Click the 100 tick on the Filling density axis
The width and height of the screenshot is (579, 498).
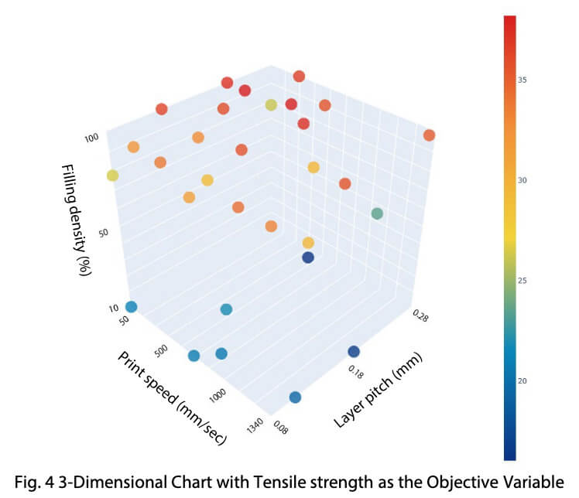coord(92,138)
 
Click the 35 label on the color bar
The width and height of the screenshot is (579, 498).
coord(522,79)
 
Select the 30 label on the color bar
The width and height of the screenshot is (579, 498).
coord(522,179)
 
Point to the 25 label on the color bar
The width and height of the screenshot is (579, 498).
coord(522,280)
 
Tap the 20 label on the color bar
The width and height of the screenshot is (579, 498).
coord(522,380)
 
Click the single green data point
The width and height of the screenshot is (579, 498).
coord(377,213)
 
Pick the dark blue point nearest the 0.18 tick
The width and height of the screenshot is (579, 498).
coord(355,352)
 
